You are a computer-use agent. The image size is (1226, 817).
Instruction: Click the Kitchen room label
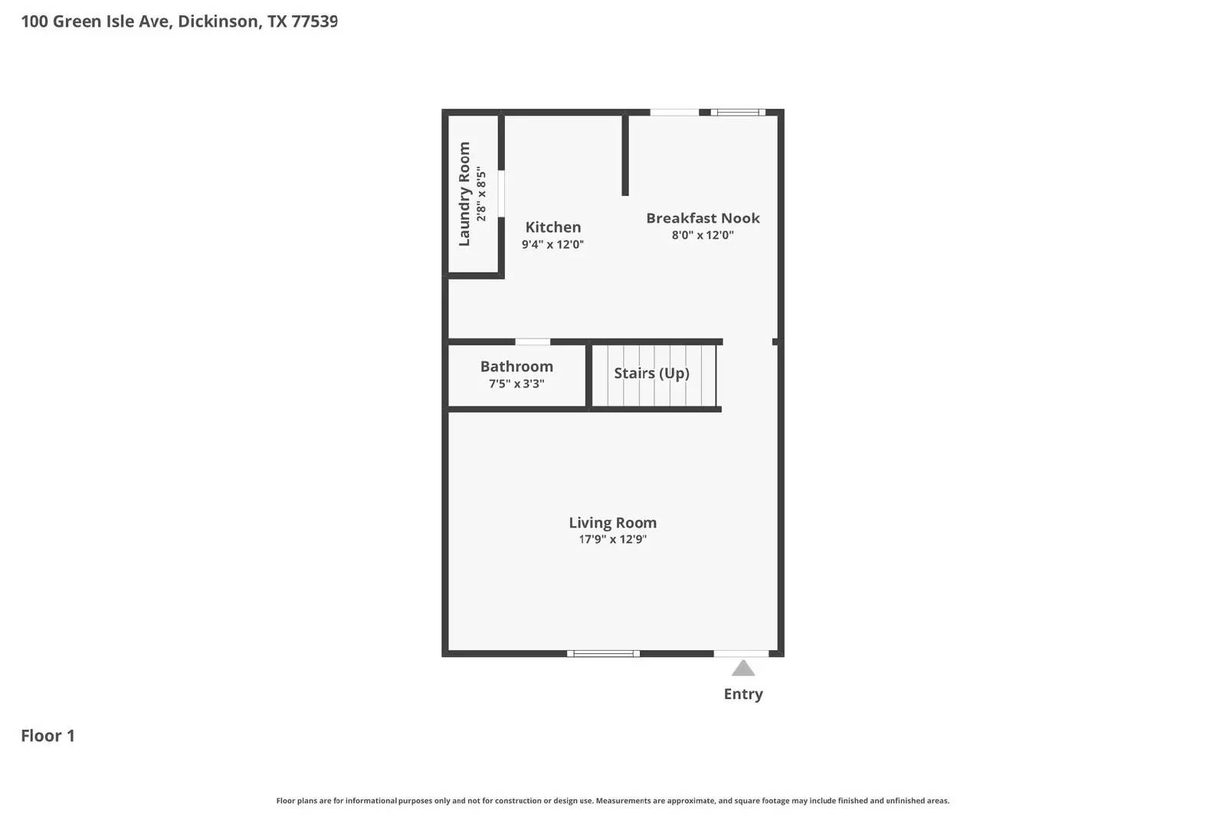pos(552,227)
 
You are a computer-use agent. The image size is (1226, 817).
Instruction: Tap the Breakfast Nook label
pos(703,218)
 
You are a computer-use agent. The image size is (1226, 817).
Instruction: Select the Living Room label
pos(612,523)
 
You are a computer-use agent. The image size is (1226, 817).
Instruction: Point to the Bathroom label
pos(516,367)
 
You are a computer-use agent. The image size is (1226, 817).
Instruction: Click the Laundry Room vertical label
pos(464,194)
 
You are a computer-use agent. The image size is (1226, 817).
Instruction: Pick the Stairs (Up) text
pos(651,374)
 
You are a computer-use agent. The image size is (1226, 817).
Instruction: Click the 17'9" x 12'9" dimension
pos(612,540)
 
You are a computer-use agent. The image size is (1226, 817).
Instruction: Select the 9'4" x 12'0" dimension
pos(552,245)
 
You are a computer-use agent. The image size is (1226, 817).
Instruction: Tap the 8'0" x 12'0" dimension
pos(703,236)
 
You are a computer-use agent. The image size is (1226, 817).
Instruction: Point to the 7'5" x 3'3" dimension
pos(516,384)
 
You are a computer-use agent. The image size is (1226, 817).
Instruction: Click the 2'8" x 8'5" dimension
pos(481,194)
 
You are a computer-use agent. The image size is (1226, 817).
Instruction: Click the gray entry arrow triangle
pos(743,669)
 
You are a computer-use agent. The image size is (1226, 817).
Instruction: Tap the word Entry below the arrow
pos(743,694)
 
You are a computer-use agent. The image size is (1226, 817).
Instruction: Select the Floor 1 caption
pos(48,736)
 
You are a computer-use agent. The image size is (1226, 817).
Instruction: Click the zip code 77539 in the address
pos(314,21)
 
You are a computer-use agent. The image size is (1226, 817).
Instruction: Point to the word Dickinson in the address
pos(218,21)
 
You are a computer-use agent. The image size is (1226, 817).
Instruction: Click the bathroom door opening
pos(533,342)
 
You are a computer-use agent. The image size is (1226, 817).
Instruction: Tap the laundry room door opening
pos(501,194)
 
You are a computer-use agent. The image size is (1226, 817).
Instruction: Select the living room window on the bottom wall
pos(603,654)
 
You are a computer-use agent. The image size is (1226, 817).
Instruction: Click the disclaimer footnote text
pos(612,801)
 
